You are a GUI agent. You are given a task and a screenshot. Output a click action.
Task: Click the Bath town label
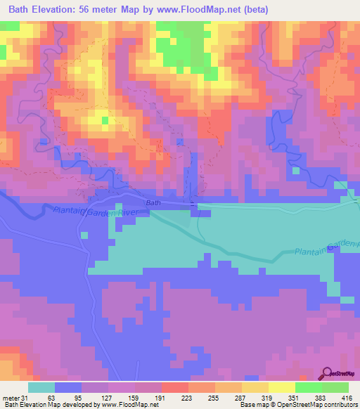(153, 202)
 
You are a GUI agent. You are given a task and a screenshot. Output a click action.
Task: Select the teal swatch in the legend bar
(41, 387)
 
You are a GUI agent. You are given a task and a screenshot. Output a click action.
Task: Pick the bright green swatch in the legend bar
(309, 387)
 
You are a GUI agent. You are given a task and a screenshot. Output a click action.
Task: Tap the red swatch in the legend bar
(175, 387)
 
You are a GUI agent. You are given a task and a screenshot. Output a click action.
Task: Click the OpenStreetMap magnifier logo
(328, 374)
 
